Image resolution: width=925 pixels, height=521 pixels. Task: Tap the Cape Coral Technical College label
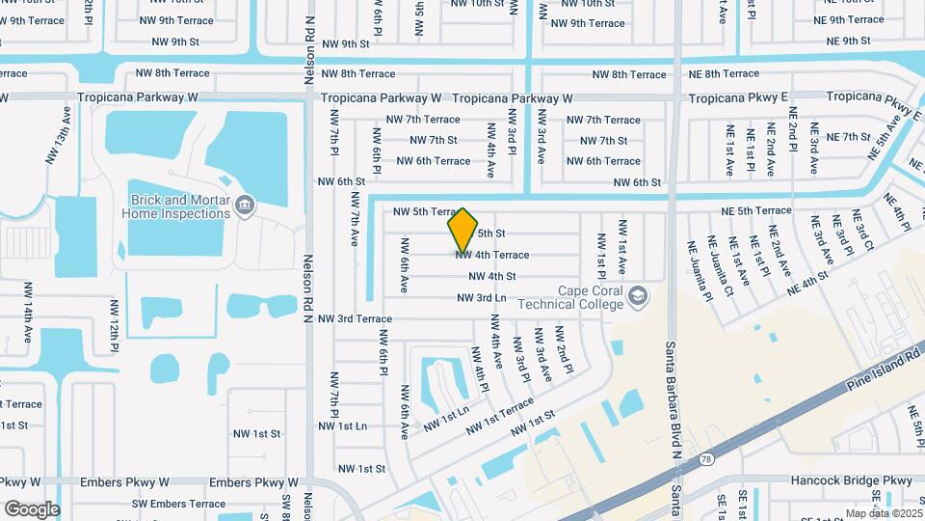coord(592,297)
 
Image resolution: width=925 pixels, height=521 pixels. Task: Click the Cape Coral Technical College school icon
coord(636,296)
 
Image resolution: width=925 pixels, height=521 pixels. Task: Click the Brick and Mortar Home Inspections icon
coord(244,205)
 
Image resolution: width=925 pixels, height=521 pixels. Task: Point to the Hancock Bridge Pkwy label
coord(851,480)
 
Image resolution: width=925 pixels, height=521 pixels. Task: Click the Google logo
coord(31,508)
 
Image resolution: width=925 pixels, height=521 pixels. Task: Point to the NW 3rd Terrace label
coord(355,318)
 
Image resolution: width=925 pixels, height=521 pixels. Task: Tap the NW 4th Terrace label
coord(492,255)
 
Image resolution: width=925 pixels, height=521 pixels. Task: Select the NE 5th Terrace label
coord(756,210)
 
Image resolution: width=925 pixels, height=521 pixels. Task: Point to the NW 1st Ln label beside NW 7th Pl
coord(342,425)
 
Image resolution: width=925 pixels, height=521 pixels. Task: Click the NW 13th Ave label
coord(64,153)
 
